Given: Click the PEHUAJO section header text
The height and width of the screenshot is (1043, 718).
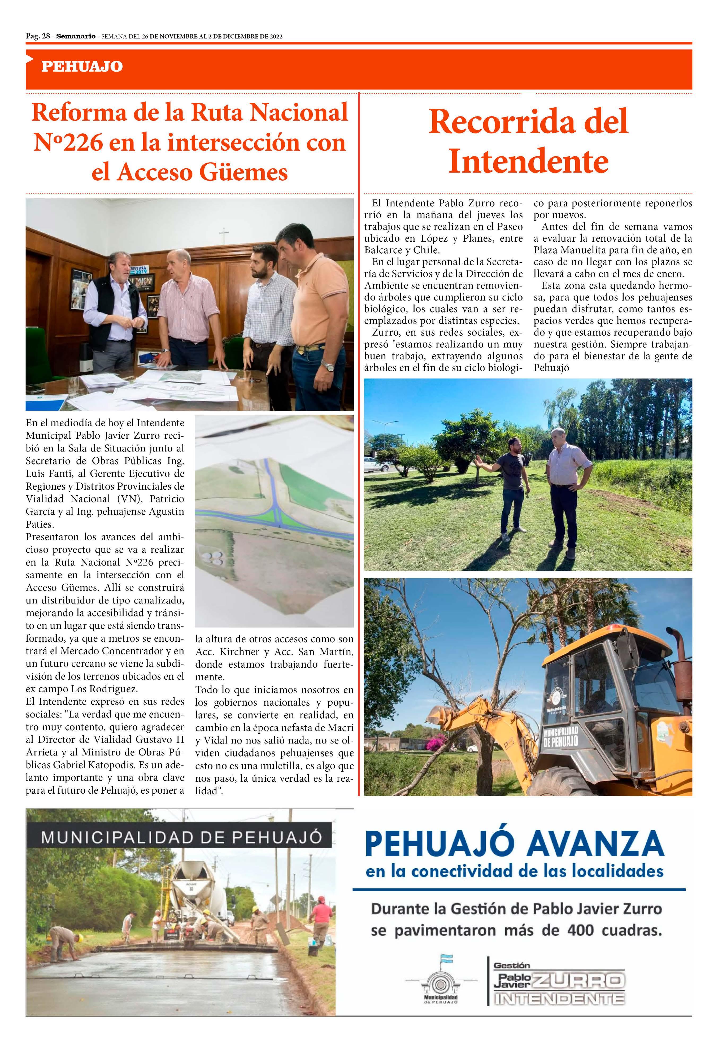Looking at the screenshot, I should point(82,67).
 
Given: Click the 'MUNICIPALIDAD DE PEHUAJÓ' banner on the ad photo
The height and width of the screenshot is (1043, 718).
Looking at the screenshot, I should point(181,837).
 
